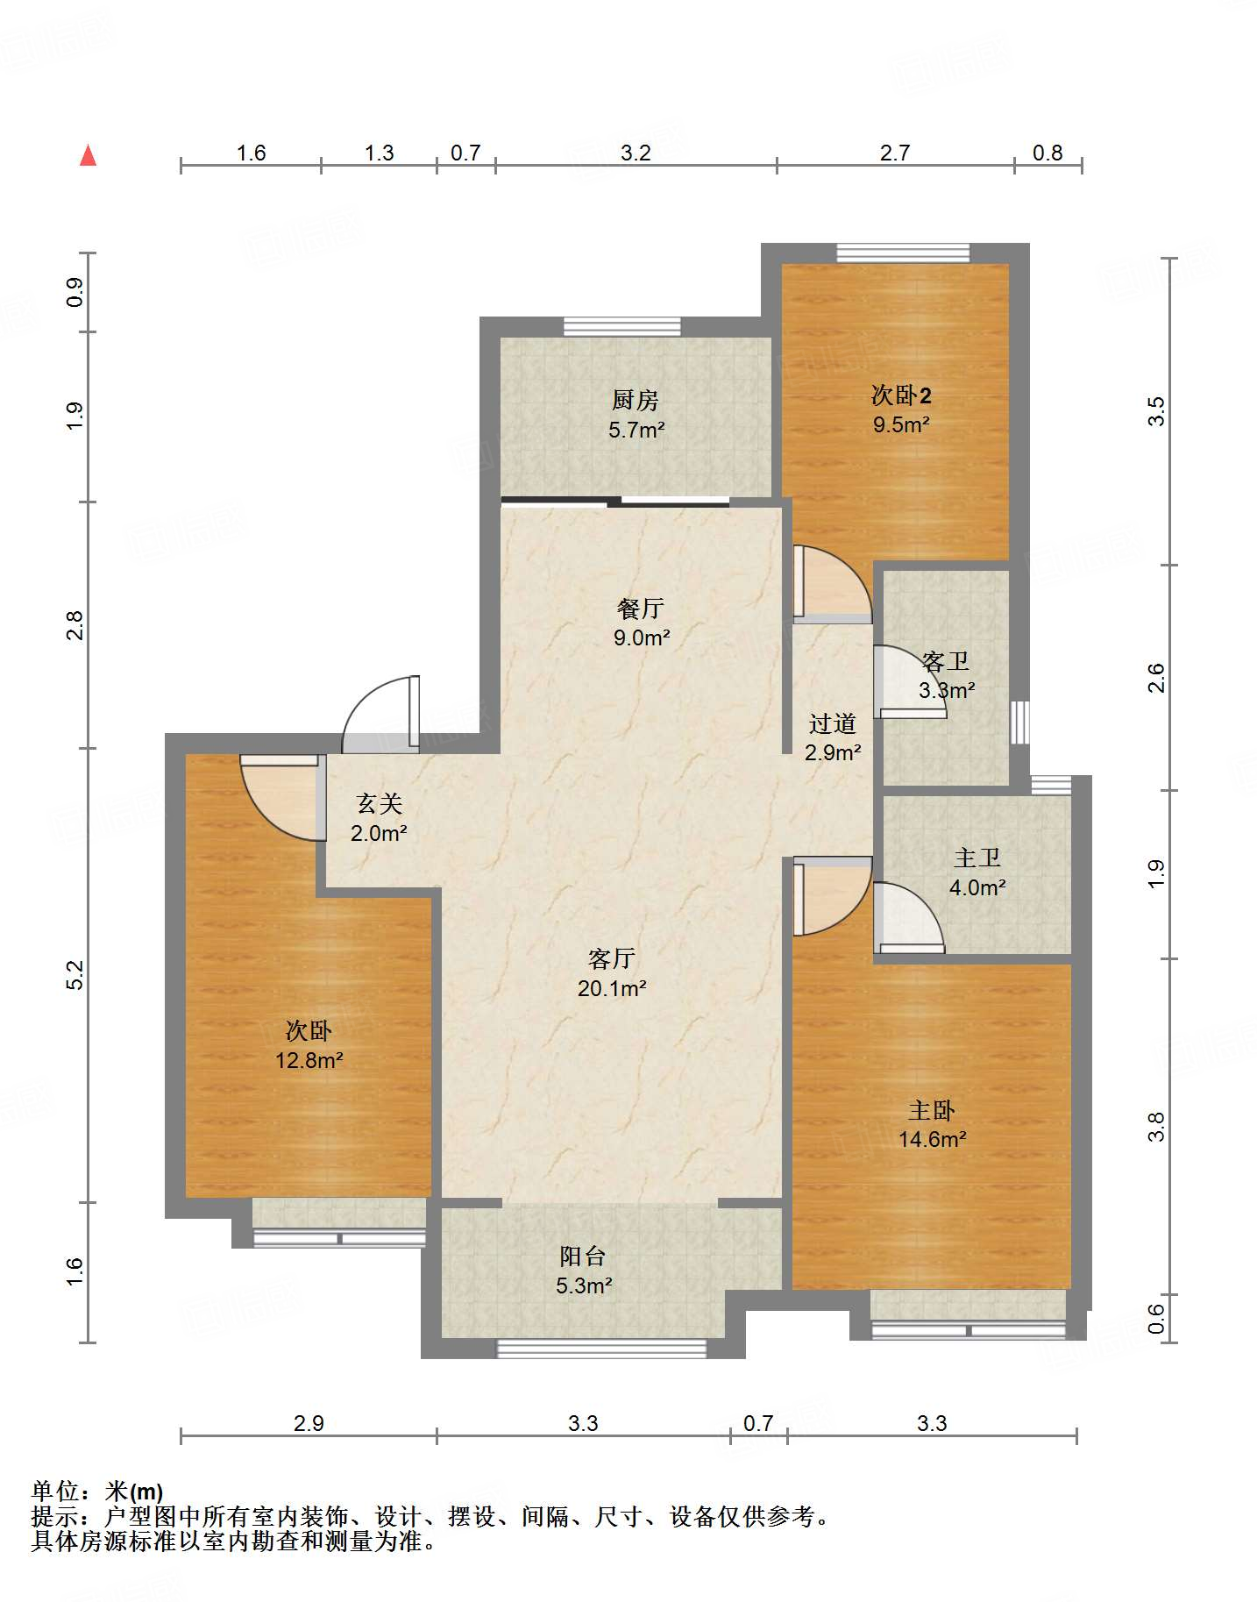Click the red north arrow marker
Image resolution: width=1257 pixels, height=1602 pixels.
pos(88,155)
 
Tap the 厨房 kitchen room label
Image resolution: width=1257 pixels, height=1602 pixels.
pos(636,400)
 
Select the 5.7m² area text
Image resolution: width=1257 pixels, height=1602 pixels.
pos(636,430)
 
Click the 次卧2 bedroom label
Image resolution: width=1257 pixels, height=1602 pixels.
pos(901,395)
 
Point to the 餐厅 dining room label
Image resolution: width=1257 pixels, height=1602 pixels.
pos(641,608)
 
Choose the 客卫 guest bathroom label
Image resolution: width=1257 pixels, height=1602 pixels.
pos(946,661)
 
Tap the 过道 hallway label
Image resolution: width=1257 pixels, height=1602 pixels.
pos(833,723)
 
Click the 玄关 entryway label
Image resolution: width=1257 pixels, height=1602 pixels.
pos(380,803)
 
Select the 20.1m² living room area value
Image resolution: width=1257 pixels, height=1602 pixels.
pos(612,988)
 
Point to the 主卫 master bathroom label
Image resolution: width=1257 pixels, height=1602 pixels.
pos(977,858)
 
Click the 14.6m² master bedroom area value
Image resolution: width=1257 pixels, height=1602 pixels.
pos(932,1139)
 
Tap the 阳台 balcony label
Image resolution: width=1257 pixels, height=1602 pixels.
pos(583,1256)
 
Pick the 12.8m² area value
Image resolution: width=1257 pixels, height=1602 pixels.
pos(309,1060)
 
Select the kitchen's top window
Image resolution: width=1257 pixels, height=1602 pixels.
pos(621,326)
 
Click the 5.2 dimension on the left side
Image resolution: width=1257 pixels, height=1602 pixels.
pos(75,975)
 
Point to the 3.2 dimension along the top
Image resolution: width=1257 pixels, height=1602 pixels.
pos(636,153)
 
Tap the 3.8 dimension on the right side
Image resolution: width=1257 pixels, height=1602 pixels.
pos(1157,1126)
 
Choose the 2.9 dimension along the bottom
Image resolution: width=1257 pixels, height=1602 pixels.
pos(309,1422)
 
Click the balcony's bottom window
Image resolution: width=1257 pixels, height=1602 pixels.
pos(601,1349)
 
